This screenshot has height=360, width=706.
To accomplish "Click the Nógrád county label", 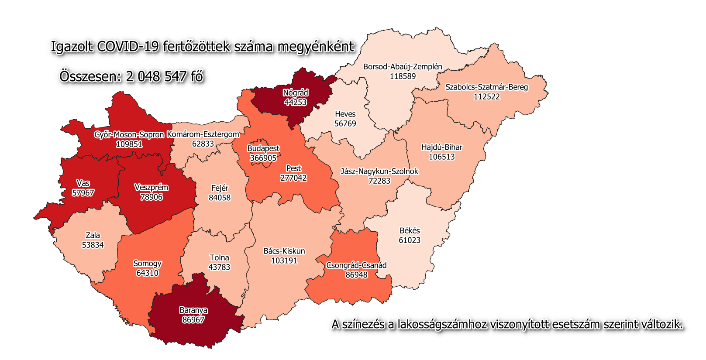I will coord(296,93).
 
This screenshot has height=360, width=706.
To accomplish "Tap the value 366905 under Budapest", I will coord(263,158).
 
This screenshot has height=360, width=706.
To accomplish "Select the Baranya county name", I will coord(193,310).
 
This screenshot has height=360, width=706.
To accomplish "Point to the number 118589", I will coord(403,76).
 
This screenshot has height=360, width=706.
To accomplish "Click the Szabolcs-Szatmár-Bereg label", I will coord(486,87).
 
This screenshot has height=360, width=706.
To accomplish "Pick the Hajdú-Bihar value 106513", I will coord(441,157).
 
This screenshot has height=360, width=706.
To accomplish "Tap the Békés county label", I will coord(410,230).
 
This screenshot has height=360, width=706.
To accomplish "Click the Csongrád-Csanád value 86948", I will coord(356,275).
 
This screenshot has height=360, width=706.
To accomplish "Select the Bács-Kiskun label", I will coord(284,251).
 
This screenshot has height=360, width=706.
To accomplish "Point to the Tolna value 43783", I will coord(219,267).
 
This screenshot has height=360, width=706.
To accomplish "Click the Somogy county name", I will coord(147,264).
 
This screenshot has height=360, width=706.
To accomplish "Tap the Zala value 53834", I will coord(93,245).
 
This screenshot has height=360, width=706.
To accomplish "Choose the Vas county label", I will coord(83,183).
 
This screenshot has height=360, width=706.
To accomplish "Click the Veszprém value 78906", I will coord(151,197).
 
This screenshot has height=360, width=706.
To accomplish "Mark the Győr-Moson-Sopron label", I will coord(129,135).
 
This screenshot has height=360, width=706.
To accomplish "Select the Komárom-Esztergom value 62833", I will coord(203,144).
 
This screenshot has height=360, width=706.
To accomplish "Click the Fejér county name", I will coord(220,188).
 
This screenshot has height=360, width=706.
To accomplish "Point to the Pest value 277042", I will coord(293,178).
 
